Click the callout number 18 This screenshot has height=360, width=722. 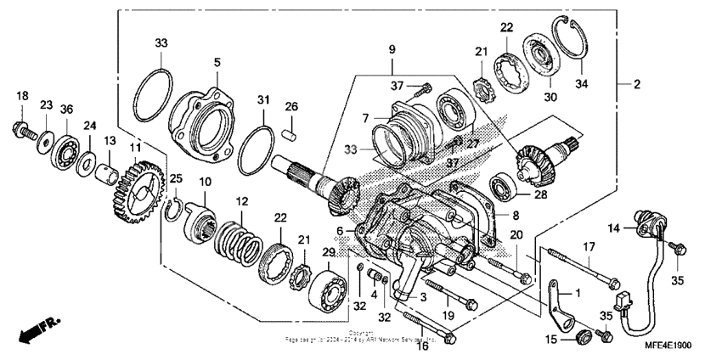(x=22, y=95)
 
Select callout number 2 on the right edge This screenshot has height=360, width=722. (x=637, y=83)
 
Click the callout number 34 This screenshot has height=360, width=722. (x=581, y=83)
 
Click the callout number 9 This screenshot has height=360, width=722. (x=392, y=51)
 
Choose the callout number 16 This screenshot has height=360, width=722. (x=422, y=344)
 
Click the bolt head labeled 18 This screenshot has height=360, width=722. (x=19, y=130)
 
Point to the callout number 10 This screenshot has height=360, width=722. (x=205, y=183)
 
